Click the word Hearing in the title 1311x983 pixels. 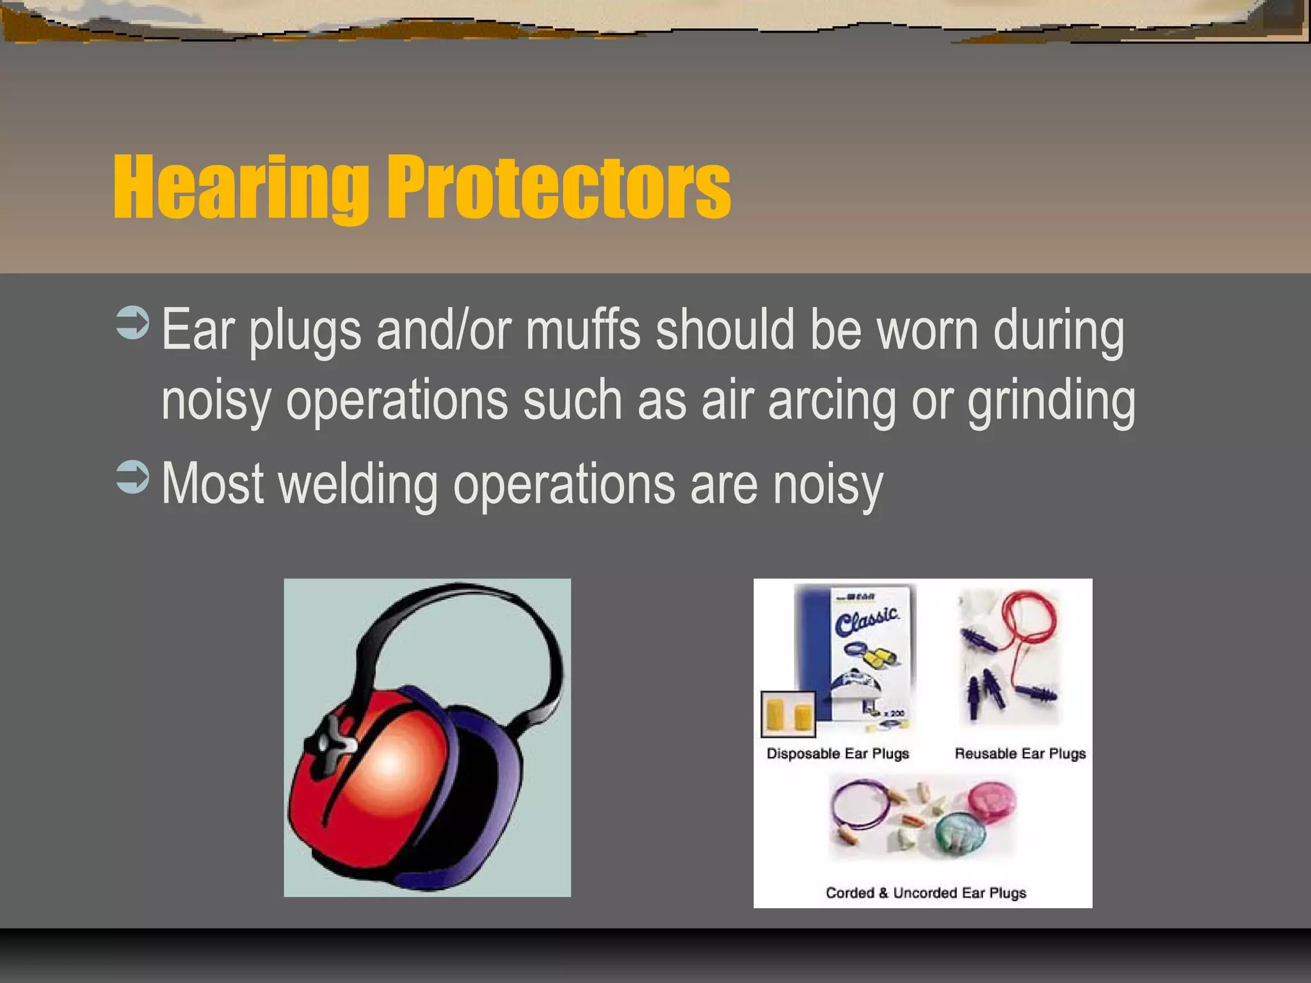click(x=240, y=189)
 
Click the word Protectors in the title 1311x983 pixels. click(x=558, y=189)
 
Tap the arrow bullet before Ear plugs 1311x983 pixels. click(x=133, y=323)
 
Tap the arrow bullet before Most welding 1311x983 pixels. click(x=133, y=477)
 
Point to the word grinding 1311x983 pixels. click(x=1051, y=402)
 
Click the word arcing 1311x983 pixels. click(x=832, y=402)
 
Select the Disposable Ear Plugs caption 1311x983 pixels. click(x=837, y=754)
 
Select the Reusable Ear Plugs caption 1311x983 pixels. click(x=1020, y=754)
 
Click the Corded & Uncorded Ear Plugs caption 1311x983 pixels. click(x=926, y=893)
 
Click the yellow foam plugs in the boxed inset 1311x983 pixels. click(x=787, y=715)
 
